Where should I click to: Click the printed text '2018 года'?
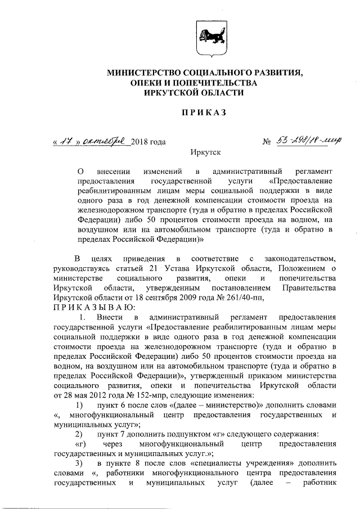coord(148,142)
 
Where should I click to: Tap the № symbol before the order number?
coord(267,142)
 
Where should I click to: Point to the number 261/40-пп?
coord(242,297)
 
